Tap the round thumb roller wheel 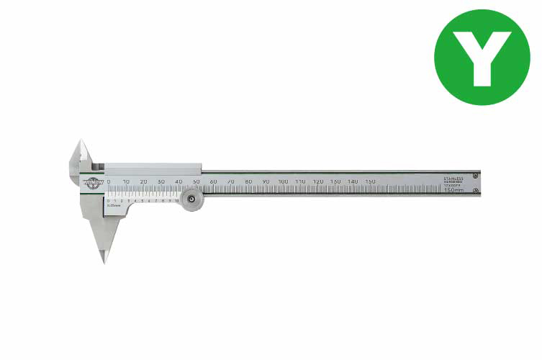(x=191, y=200)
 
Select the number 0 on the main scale (x=109, y=181)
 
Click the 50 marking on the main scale (x=196, y=181)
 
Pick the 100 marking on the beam (x=283, y=181)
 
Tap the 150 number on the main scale (x=370, y=181)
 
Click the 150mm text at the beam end (x=453, y=190)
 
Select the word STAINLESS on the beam (x=455, y=176)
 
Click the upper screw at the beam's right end (x=475, y=176)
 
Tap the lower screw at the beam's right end (x=475, y=191)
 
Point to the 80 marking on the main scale (x=248, y=181)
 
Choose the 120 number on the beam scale (x=318, y=181)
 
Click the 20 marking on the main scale (x=143, y=181)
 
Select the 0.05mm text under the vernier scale (x=113, y=207)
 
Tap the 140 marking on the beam (x=353, y=181)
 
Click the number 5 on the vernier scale (x=143, y=201)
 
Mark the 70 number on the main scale (x=230, y=181)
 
